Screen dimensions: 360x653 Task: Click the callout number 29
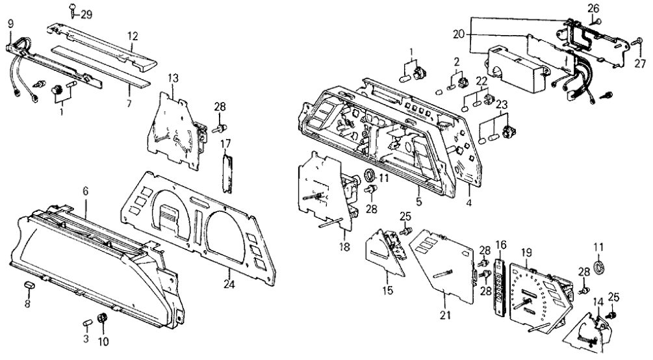click(x=86, y=14)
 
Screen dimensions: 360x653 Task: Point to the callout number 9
click(x=10, y=24)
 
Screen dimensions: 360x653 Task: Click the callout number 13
click(x=173, y=78)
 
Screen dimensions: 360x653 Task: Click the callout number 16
click(x=501, y=244)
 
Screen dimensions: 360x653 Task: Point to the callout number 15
click(x=387, y=291)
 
